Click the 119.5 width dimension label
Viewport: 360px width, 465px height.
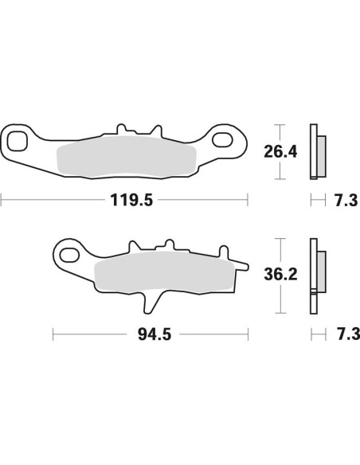coord(124,199)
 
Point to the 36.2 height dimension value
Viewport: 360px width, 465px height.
coord(281,275)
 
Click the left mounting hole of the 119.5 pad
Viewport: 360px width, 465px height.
coord(17,143)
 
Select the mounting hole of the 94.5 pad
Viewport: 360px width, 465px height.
coord(69,256)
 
